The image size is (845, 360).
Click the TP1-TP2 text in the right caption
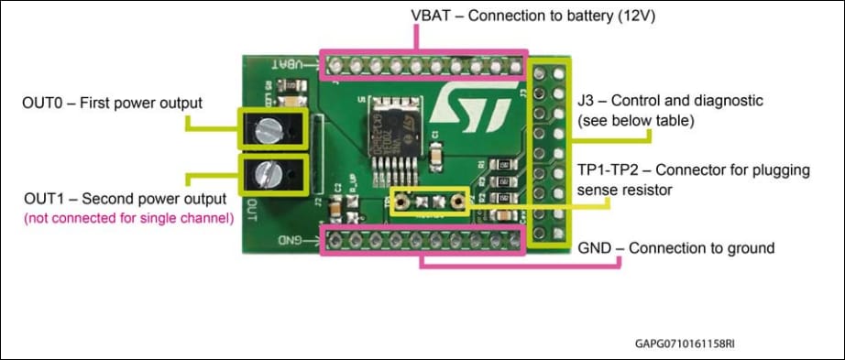tap(610, 172)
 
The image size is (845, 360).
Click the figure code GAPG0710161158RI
tap(685, 344)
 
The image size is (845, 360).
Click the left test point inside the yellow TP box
tap(401, 201)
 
